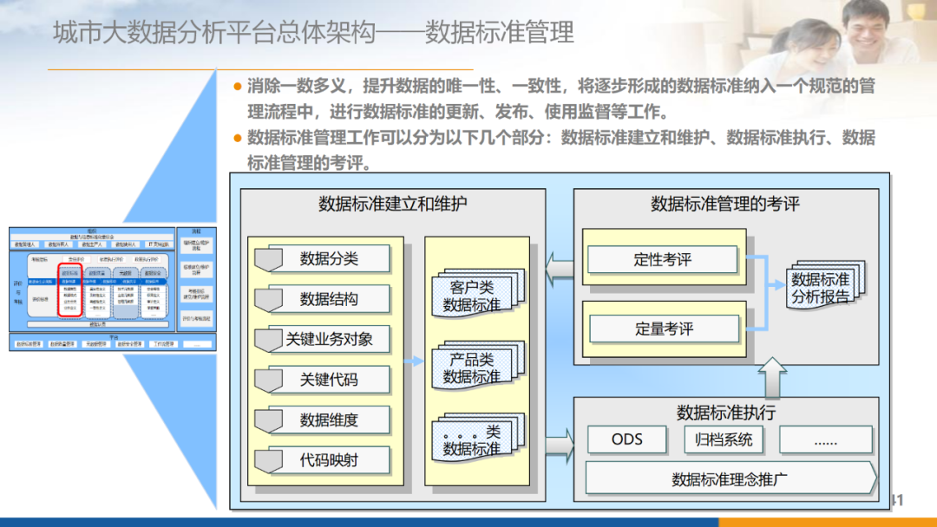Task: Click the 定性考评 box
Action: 663,259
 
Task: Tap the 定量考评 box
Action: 664,329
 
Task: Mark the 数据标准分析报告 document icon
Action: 822,287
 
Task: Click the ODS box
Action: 626,439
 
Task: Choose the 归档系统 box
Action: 724,439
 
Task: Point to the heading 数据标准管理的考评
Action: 725,205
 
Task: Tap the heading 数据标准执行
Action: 726,411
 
